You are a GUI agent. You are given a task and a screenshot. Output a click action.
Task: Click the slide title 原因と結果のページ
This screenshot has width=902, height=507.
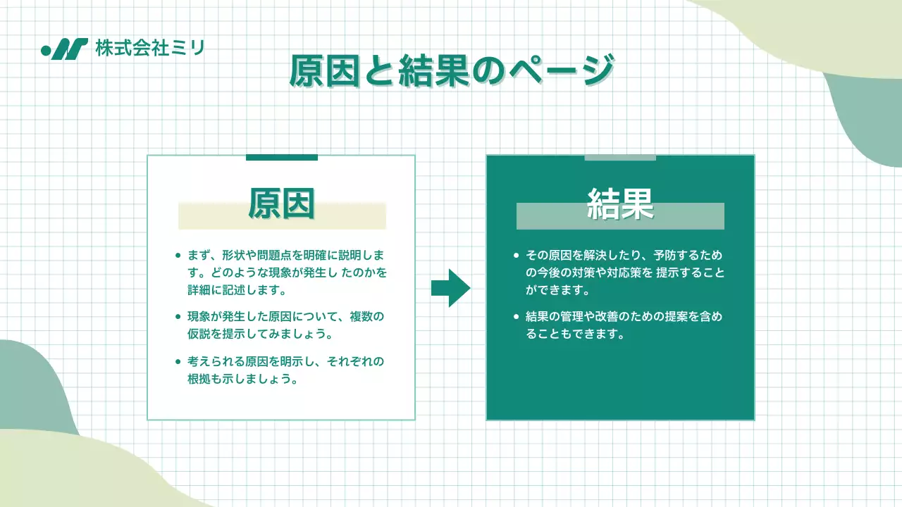click(451, 71)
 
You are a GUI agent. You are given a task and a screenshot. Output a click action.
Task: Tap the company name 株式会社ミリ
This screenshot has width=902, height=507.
click(149, 49)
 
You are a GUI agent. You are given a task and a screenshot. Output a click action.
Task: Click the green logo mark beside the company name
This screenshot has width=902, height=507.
click(65, 49)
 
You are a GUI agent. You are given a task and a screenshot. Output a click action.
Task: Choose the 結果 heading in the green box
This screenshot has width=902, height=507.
click(620, 204)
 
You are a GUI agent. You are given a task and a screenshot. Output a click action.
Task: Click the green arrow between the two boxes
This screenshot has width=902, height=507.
click(450, 287)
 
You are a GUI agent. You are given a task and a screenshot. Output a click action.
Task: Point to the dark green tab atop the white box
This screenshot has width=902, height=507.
click(281, 157)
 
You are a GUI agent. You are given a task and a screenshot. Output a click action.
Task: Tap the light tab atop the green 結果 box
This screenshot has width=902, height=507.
click(620, 157)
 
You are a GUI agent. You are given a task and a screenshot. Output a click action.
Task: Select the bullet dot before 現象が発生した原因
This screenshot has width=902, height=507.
click(178, 317)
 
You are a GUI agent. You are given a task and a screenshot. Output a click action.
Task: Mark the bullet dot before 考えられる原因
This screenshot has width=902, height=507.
click(178, 362)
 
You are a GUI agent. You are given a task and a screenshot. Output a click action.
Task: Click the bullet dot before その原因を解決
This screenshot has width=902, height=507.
click(517, 255)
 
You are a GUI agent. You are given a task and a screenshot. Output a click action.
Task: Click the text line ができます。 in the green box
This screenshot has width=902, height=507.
click(557, 289)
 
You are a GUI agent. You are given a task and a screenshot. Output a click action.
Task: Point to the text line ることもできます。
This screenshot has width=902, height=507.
click(576, 334)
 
